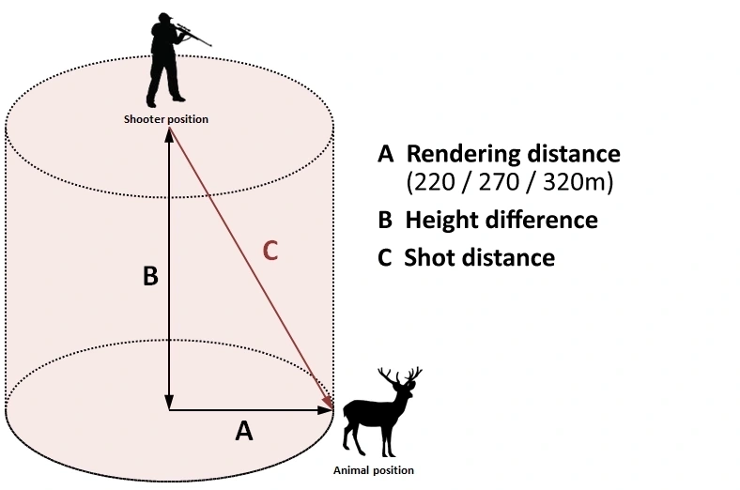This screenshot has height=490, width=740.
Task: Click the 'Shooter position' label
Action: (166, 119)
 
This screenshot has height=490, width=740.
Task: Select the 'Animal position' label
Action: (373, 469)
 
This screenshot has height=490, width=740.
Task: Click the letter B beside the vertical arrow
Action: (150, 278)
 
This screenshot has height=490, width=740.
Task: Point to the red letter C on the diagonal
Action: (270, 252)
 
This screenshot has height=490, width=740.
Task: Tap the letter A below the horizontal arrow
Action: (243, 431)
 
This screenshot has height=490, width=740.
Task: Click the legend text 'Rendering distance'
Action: (513, 153)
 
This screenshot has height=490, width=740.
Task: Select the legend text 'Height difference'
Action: (501, 220)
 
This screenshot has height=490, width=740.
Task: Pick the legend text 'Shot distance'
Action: (479, 257)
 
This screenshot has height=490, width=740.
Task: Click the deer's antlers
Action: (399, 378)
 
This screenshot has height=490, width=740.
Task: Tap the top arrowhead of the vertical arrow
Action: (169, 134)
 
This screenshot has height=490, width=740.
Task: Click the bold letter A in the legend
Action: (384, 153)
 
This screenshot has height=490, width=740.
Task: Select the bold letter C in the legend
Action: (384, 257)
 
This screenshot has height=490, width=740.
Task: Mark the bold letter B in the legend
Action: (384, 220)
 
